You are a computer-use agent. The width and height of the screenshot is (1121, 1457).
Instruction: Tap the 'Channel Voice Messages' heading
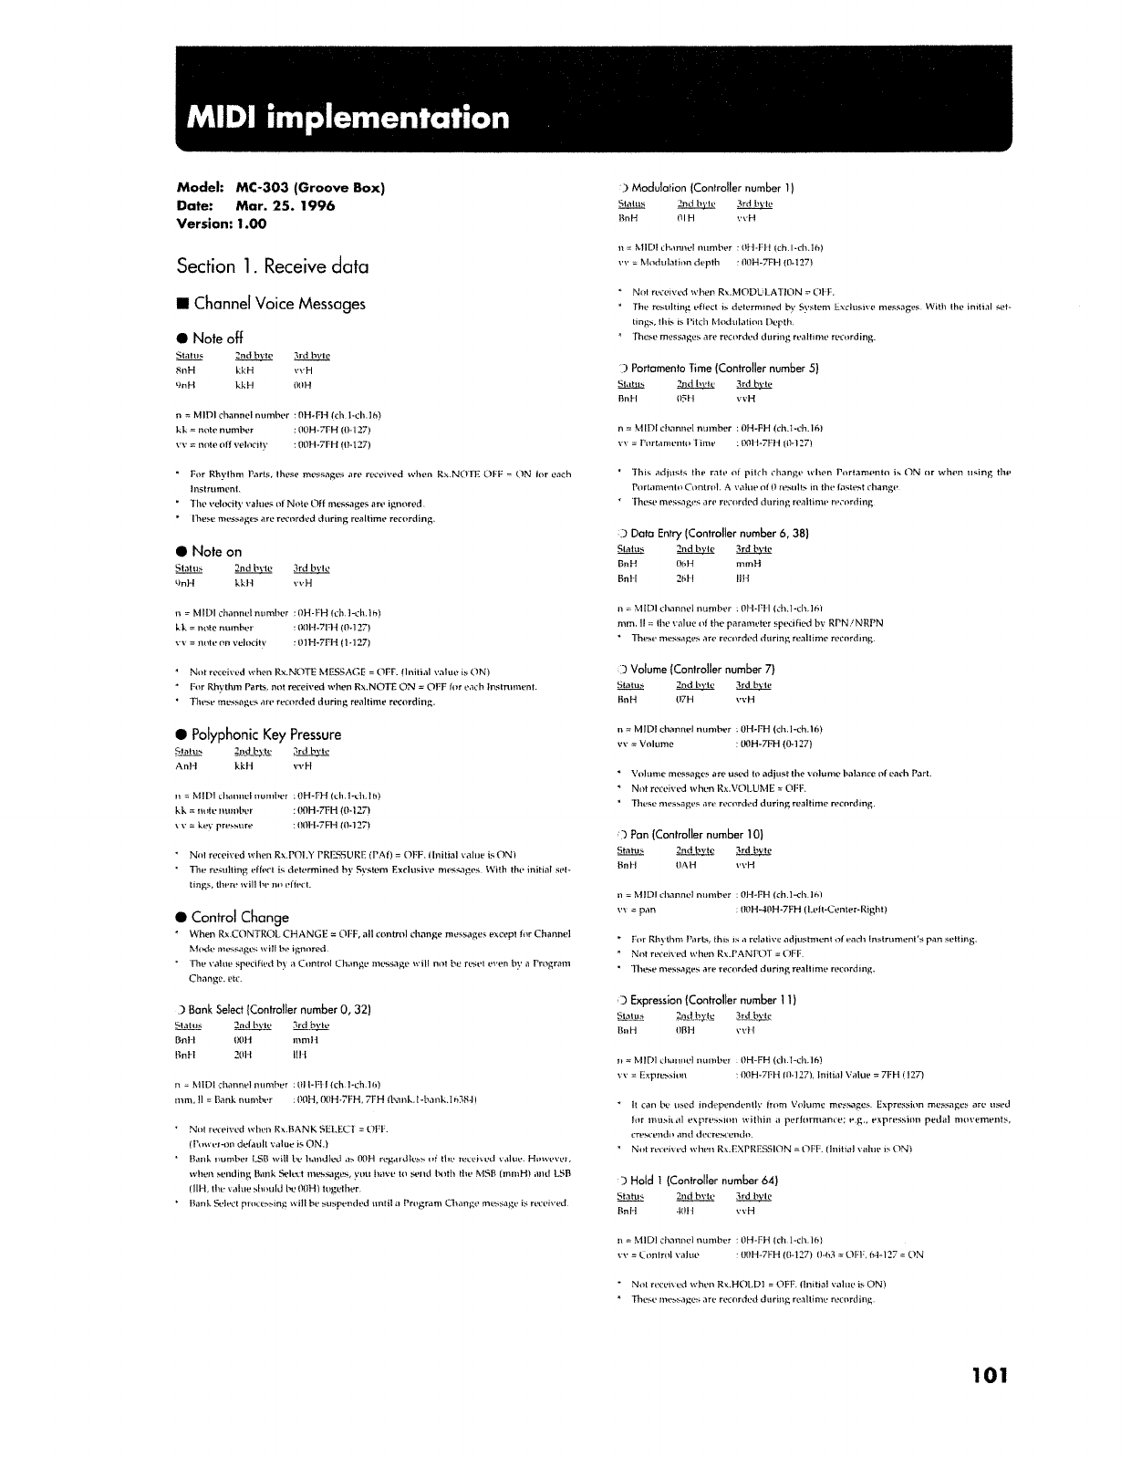point(278,305)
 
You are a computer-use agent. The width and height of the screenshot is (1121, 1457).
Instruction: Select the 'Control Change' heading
point(240,917)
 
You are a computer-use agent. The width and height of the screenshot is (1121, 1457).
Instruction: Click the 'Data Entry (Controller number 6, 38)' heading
point(721,533)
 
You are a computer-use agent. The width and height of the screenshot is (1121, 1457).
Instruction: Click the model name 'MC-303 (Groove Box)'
point(310,189)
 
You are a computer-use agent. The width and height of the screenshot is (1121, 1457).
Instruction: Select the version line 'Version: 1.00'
point(222,224)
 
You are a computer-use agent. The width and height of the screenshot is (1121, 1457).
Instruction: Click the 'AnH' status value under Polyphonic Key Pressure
point(185,766)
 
